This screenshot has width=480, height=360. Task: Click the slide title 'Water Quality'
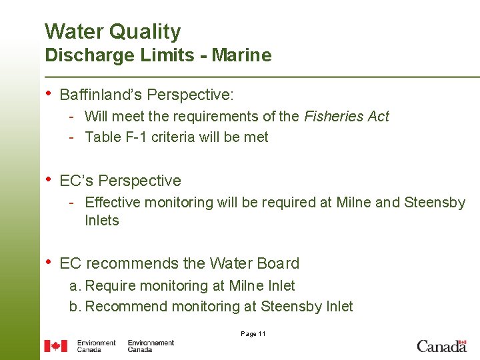pyautogui.click(x=113, y=31)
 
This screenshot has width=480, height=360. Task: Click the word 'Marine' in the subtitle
pyautogui.click(x=241, y=55)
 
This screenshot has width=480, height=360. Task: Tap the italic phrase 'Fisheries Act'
pyautogui.click(x=346, y=117)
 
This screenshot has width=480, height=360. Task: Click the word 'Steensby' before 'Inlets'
pyautogui.click(x=435, y=202)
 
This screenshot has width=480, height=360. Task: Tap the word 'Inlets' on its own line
pyautogui.click(x=102, y=221)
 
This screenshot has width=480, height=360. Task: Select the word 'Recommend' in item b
pyautogui.click(x=127, y=307)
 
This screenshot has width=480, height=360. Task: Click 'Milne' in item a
pyautogui.click(x=246, y=286)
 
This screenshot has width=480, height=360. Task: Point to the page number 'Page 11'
pyautogui.click(x=253, y=334)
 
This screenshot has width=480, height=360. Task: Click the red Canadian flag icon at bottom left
pyautogui.click(x=55, y=345)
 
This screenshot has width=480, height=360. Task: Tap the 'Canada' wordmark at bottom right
pyautogui.click(x=441, y=345)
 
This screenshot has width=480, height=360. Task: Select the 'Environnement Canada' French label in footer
pyautogui.click(x=151, y=345)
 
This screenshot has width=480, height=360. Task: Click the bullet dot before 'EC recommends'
pyautogui.click(x=48, y=262)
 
